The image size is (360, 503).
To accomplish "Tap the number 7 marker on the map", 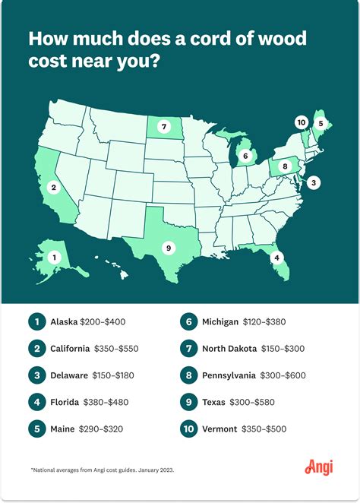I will [165, 126].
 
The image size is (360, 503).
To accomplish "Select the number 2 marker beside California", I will [53, 186].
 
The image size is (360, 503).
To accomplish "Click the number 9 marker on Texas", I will [167, 247].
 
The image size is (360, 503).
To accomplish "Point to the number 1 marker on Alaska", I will [53, 258].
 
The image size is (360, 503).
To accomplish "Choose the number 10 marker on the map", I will [302, 122].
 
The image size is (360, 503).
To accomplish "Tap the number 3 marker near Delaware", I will [314, 182].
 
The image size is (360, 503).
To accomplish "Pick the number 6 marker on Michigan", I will [245, 156].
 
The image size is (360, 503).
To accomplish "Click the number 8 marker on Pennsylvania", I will [285, 166].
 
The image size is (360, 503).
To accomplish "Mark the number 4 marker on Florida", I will [277, 258].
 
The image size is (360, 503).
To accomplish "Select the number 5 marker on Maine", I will [321, 123].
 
